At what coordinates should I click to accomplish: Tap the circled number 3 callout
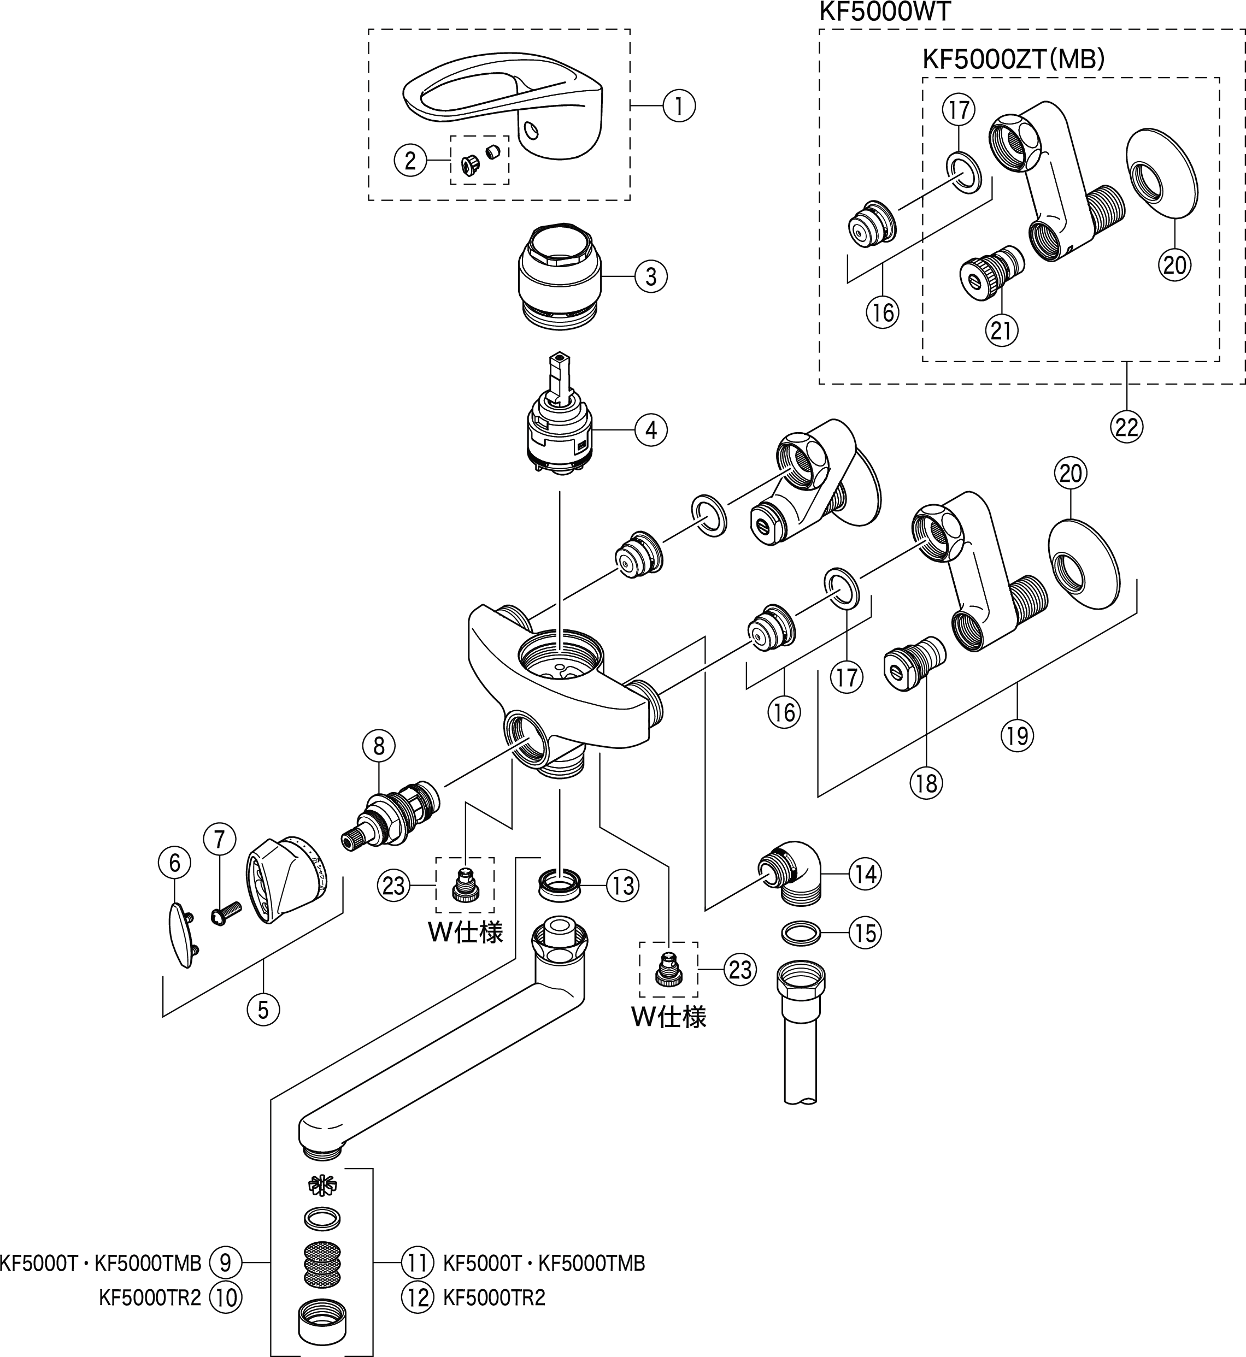pyautogui.click(x=651, y=276)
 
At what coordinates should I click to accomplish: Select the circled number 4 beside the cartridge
pyautogui.click(x=651, y=430)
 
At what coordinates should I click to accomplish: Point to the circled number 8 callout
pyautogui.click(x=378, y=746)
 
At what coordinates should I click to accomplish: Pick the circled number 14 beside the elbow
pyautogui.click(x=866, y=874)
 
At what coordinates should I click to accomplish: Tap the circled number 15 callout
pyautogui.click(x=866, y=933)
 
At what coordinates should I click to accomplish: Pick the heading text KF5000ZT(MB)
pyautogui.click(x=1013, y=60)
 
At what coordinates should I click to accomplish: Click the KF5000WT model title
pyautogui.click(x=884, y=11)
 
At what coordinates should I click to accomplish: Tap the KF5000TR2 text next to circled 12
pyautogui.click(x=493, y=1297)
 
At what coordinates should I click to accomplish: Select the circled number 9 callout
pyautogui.click(x=225, y=1262)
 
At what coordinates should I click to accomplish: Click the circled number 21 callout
pyautogui.click(x=1001, y=331)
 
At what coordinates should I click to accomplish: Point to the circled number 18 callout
pyautogui.click(x=926, y=783)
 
